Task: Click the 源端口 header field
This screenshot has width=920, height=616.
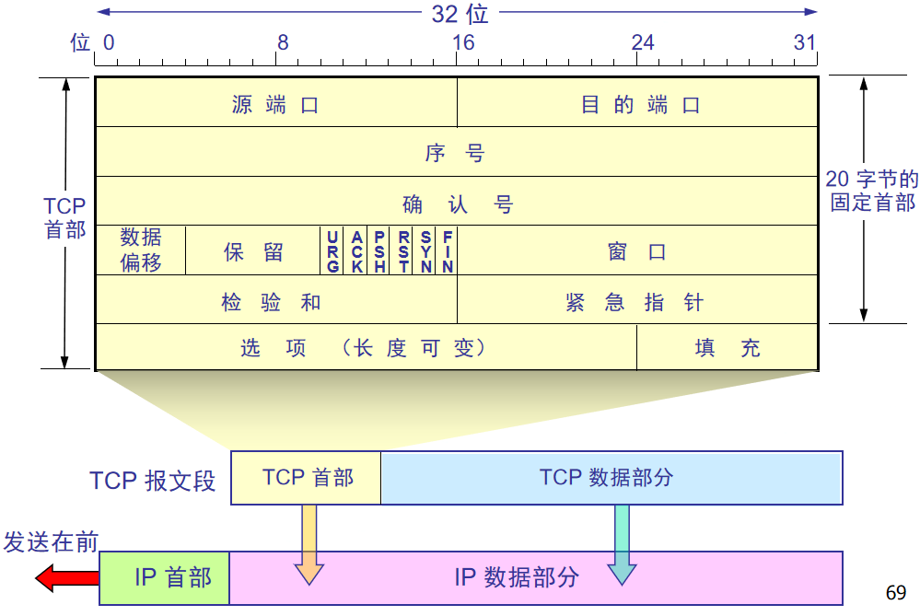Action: pos(276,103)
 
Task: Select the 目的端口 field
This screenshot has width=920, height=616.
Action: pos(638,103)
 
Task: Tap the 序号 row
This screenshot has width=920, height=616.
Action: pos(456,152)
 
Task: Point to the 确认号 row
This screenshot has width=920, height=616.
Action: pos(456,202)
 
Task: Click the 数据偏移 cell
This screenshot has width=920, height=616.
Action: pos(141,250)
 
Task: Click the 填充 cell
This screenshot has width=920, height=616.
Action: pos(728,348)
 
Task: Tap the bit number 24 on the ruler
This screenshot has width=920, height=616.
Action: pos(642,42)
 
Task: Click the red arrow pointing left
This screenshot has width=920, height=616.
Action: pos(66,578)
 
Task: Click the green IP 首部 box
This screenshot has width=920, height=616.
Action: pos(165,577)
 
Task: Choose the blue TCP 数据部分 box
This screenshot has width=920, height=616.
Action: pos(611,478)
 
